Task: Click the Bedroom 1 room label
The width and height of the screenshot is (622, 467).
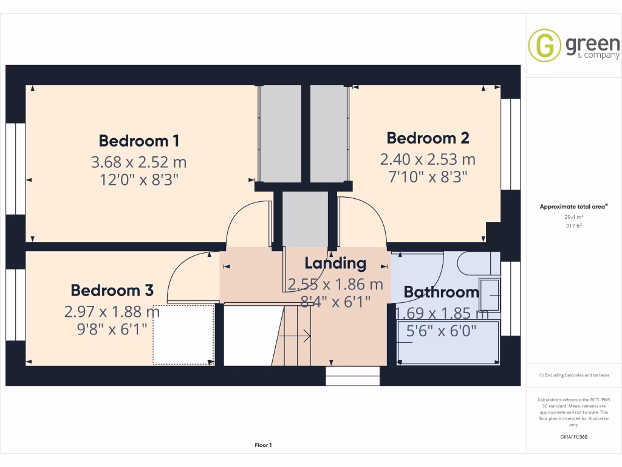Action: tap(138, 141)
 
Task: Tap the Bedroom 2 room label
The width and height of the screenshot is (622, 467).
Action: tap(428, 138)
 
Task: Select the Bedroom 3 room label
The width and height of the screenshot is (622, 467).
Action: tap(112, 290)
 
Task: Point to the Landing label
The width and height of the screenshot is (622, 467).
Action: tap(335, 263)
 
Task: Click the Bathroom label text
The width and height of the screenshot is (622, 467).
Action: tap(441, 292)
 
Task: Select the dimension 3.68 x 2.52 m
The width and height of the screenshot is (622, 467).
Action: tap(138, 162)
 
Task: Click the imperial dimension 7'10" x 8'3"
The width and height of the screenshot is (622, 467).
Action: tap(428, 177)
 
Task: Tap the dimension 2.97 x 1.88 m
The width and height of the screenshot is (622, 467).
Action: tap(112, 312)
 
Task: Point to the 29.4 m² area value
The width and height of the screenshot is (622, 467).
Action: tap(573, 216)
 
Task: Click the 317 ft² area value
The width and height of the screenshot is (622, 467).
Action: tap(573, 226)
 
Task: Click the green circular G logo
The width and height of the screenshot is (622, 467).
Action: tap(544, 46)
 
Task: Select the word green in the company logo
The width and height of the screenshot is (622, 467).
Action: tap(592, 43)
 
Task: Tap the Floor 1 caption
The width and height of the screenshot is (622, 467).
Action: tap(263, 446)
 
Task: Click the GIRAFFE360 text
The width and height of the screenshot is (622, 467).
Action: tap(573, 437)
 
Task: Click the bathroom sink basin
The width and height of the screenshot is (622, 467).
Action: tap(490, 295)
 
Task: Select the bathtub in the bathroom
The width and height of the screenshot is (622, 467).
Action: tap(448, 343)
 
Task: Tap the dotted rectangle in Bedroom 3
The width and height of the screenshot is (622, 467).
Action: tap(183, 334)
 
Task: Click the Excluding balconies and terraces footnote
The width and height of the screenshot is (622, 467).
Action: tap(573, 375)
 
